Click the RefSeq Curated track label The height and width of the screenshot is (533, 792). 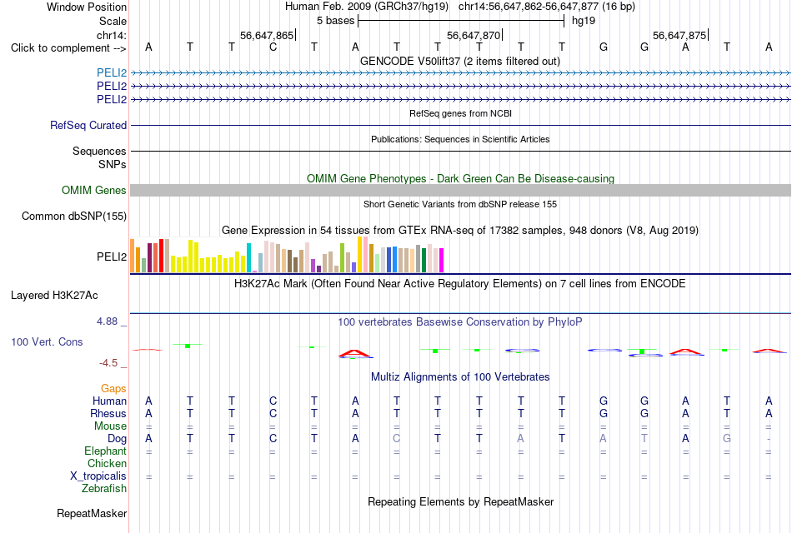88,125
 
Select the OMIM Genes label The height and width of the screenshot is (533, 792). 94,190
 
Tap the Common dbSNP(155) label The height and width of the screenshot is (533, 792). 74,216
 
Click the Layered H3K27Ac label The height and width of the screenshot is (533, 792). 54,296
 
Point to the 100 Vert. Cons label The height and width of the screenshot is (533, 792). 47,341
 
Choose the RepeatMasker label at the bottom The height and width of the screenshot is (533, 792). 92,513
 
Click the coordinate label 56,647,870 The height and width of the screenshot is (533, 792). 474,35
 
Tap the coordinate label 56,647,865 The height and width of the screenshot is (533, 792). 267,35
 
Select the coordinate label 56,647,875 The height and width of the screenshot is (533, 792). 679,35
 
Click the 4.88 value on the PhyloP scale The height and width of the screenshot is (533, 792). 107,321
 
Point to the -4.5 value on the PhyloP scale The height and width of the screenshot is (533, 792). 108,363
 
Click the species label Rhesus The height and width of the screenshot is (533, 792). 108,413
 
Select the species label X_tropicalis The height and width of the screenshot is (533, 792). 98,476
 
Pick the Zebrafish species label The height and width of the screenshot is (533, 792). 104,489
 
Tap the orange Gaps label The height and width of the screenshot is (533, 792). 113,388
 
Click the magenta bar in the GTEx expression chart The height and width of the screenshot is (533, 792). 442,261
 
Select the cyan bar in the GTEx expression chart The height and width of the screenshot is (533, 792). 248,258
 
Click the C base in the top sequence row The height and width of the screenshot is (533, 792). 273,47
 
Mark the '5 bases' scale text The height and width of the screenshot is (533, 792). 335,21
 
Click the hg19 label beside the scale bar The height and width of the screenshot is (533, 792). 584,21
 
